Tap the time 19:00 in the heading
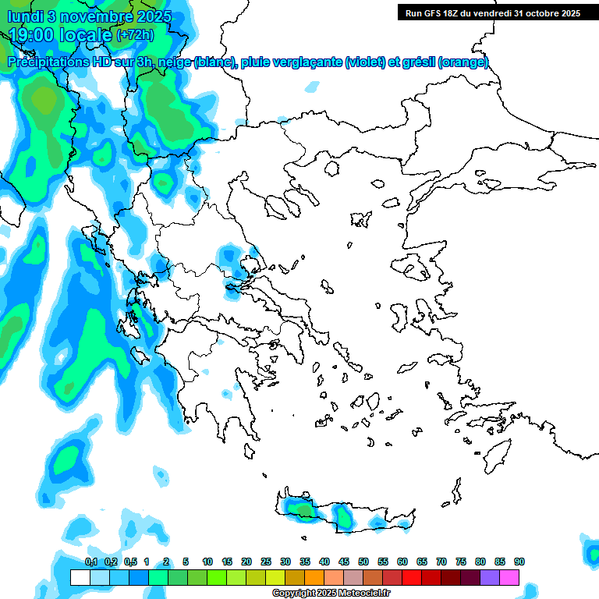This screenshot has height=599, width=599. [31, 35]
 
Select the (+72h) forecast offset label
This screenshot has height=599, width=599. [135, 35]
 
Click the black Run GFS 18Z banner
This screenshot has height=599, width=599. [492, 12]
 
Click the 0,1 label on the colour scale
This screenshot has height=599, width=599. [91, 562]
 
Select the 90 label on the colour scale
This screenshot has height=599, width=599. [519, 562]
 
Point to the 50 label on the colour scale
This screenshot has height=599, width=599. [363, 562]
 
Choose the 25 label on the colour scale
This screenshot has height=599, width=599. [266, 562]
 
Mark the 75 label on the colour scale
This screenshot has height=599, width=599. [461, 562]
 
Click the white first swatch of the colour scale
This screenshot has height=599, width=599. [80, 578]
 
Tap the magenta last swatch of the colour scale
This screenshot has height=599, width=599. [509, 578]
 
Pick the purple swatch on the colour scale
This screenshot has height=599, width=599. [490, 578]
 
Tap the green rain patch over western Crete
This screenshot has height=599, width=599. [300, 509]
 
